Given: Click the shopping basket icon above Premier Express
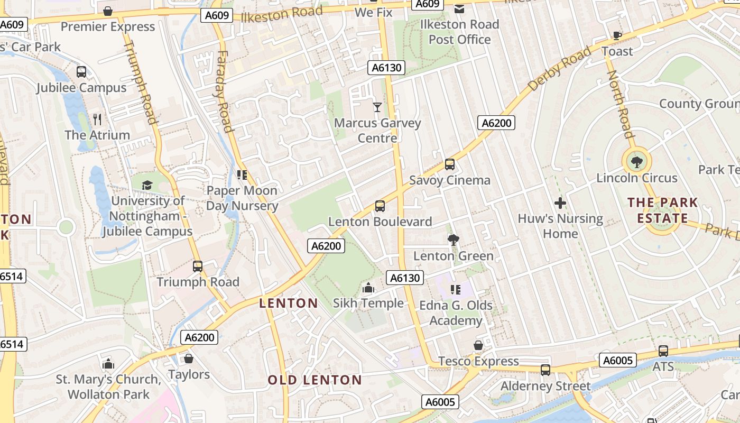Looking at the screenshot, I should pyautogui.click(x=108, y=11).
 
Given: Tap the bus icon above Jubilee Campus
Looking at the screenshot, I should pyautogui.click(x=81, y=72).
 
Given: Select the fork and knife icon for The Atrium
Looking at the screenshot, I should pyautogui.click(x=97, y=119).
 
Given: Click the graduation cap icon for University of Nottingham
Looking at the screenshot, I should pyautogui.click(x=147, y=185).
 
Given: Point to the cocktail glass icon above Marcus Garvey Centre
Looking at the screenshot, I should pyautogui.click(x=377, y=107).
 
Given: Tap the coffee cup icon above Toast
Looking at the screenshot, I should pyautogui.click(x=617, y=35).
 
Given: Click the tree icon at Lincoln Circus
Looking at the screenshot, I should pyautogui.click(x=636, y=162).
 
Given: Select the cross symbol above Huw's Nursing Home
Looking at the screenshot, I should pyautogui.click(x=560, y=203).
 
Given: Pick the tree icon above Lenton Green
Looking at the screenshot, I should pyautogui.click(x=453, y=240).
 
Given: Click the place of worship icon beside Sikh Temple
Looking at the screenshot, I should pyautogui.click(x=368, y=288).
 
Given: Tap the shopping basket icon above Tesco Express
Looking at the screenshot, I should pyautogui.click(x=478, y=345).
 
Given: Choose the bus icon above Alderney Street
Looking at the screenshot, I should pyautogui.click(x=545, y=370).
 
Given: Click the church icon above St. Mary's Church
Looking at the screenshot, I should pyautogui.click(x=108, y=364).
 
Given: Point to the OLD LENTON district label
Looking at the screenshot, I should pyautogui.click(x=314, y=380).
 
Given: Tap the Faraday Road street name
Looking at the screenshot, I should pyautogui.click(x=224, y=91).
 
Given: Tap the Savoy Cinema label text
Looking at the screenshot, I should pyautogui.click(x=450, y=180).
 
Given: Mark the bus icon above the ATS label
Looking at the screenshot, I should pyautogui.click(x=663, y=351).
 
